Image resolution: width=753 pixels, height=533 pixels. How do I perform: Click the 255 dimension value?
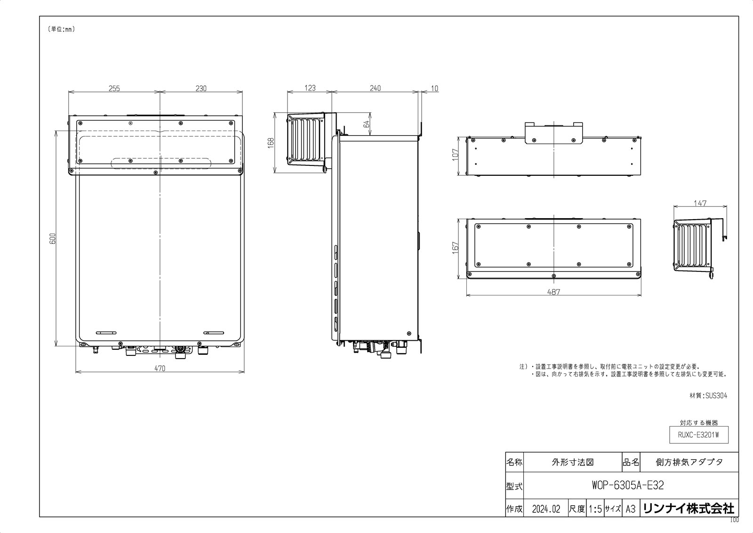pos(114,88)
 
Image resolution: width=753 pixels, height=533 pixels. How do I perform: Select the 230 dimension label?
pos(201,88)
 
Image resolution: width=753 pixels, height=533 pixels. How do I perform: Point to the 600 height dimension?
pos(53,239)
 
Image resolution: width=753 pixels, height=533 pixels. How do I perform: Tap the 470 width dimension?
pos(160,369)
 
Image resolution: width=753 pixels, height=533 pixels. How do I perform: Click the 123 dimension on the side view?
pos(310,88)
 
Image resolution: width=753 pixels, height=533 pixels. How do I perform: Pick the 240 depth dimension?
pos(375,88)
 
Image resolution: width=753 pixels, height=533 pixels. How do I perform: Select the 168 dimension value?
pos(271,143)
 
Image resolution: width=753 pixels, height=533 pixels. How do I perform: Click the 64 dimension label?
pos(367,123)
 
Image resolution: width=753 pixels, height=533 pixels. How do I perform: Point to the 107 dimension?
pos(455,155)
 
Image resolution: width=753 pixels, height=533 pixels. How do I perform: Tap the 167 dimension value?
pos(455,248)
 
